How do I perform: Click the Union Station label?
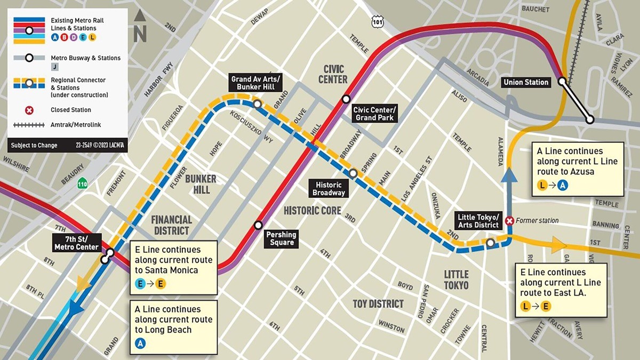click(526, 82)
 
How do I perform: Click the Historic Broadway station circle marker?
click(353, 173)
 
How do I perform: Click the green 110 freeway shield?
click(82, 184)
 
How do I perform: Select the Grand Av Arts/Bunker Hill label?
click(255, 83)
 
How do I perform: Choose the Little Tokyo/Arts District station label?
click(479, 221)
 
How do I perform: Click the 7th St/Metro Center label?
click(76, 242)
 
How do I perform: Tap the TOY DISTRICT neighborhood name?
click(378, 303)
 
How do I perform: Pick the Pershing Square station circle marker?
click(259, 225)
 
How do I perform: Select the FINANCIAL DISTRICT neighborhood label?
click(171, 225)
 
